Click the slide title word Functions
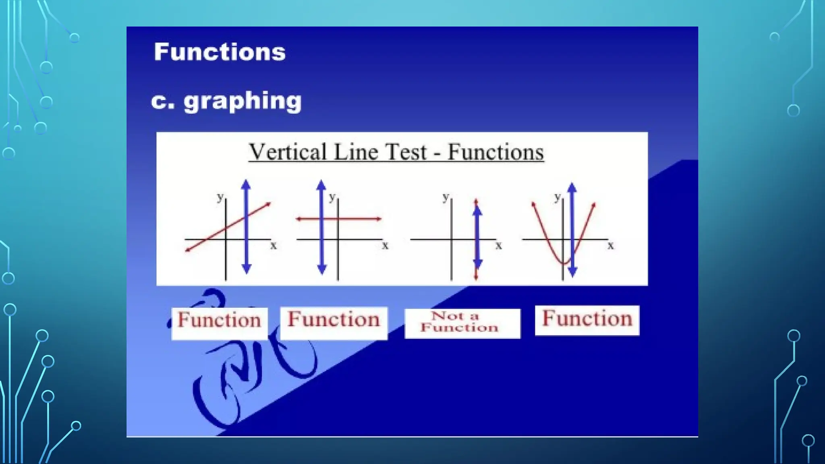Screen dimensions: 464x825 pos(220,52)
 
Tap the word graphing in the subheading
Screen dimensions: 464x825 pos(243,101)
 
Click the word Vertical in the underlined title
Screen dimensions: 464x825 pos(288,152)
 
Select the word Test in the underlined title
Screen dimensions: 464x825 pos(406,152)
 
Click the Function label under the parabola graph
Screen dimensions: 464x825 pos(587,319)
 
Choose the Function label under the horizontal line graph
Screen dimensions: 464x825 pos(334,321)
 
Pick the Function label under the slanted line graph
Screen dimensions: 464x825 pos(220,321)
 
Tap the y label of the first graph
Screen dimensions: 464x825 pos(220,197)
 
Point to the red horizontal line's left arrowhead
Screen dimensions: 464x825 pos(298,219)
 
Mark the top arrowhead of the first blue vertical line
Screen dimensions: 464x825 pos(246,184)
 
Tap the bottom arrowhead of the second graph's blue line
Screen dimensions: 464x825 pos(321,269)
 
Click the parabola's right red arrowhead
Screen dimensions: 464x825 pos(593,205)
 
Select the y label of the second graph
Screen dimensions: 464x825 pos(332,197)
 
